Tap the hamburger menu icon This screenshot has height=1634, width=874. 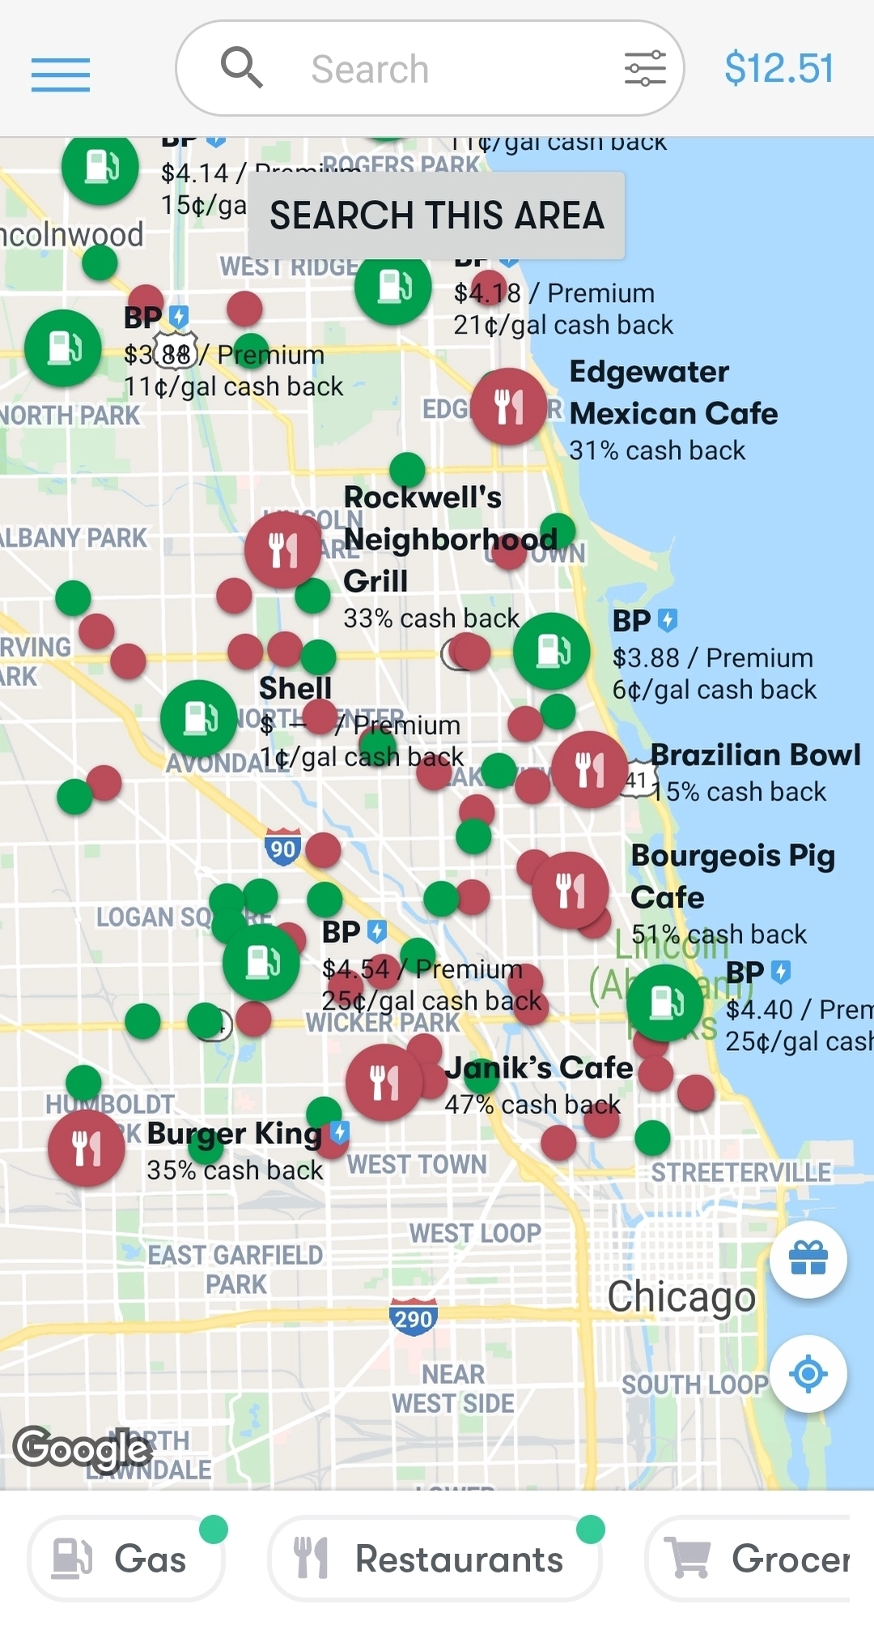[61, 74]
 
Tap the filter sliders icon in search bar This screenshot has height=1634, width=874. [645, 69]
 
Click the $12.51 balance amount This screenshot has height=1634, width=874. [779, 68]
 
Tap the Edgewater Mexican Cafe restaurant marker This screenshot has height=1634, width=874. [509, 406]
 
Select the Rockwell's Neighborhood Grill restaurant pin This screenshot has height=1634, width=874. [283, 550]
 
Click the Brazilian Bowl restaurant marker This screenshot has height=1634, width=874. [590, 769]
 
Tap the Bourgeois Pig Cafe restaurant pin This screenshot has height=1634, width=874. [570, 890]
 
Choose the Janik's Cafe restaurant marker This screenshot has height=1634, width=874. [384, 1083]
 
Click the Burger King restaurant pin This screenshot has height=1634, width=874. [87, 1147]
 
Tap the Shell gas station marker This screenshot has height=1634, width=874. [199, 718]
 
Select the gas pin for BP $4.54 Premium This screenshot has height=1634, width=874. [261, 963]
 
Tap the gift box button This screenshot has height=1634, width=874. [808, 1259]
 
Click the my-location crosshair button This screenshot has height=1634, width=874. [808, 1374]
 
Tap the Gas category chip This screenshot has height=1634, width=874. [126, 1559]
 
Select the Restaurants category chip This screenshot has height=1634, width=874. [434, 1559]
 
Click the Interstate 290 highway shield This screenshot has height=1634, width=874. [413, 1317]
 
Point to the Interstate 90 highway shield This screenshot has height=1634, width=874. [282, 847]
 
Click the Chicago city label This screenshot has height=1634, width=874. [681, 1297]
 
